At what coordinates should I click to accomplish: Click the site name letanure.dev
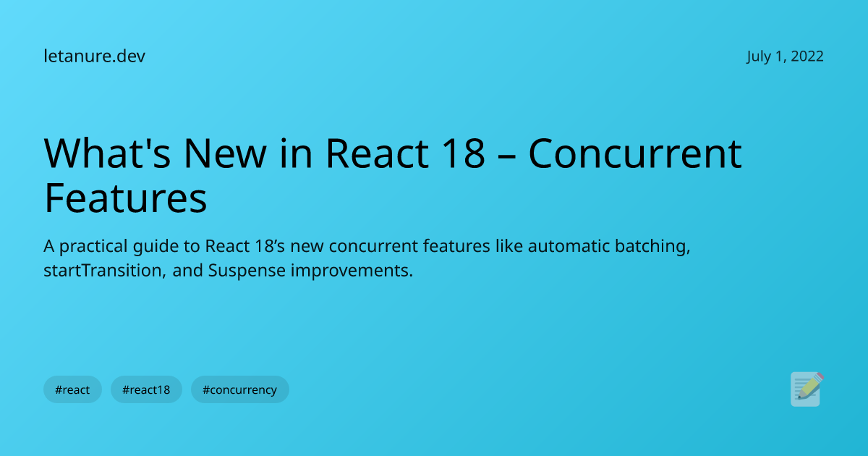(94, 56)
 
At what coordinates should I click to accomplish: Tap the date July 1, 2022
(785, 56)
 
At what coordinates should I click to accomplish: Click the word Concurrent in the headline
(634, 153)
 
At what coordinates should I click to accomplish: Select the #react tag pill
(72, 389)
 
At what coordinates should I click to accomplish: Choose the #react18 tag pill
(146, 389)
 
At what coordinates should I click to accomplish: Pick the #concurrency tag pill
(239, 389)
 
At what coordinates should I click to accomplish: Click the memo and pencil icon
(807, 389)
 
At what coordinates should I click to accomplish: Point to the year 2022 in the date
(807, 56)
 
